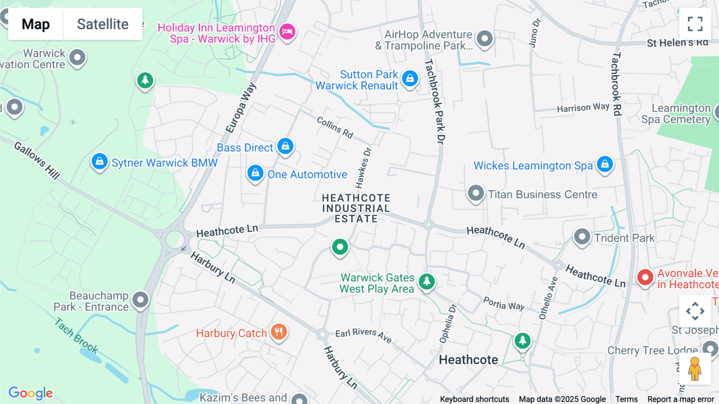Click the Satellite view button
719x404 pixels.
tap(103, 24)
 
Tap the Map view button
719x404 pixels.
tap(36, 24)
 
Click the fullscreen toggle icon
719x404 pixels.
tap(695, 24)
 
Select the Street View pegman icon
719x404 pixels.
tap(695, 368)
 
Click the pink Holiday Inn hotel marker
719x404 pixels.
tap(287, 31)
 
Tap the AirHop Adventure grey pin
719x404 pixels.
tap(485, 39)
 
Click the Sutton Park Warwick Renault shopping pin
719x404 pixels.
tap(410, 78)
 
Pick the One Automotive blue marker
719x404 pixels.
tap(255, 173)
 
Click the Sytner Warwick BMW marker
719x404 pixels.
tap(99, 162)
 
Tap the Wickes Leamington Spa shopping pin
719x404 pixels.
tap(605, 164)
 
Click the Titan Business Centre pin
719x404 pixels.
tap(476, 194)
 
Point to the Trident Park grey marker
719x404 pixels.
tap(582, 237)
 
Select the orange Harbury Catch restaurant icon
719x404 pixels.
tap(279, 332)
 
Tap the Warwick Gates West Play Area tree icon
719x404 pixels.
tap(427, 281)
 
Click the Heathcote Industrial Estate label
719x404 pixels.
tap(356, 208)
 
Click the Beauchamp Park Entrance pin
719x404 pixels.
tap(140, 300)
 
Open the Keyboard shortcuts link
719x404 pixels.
tap(474, 399)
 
